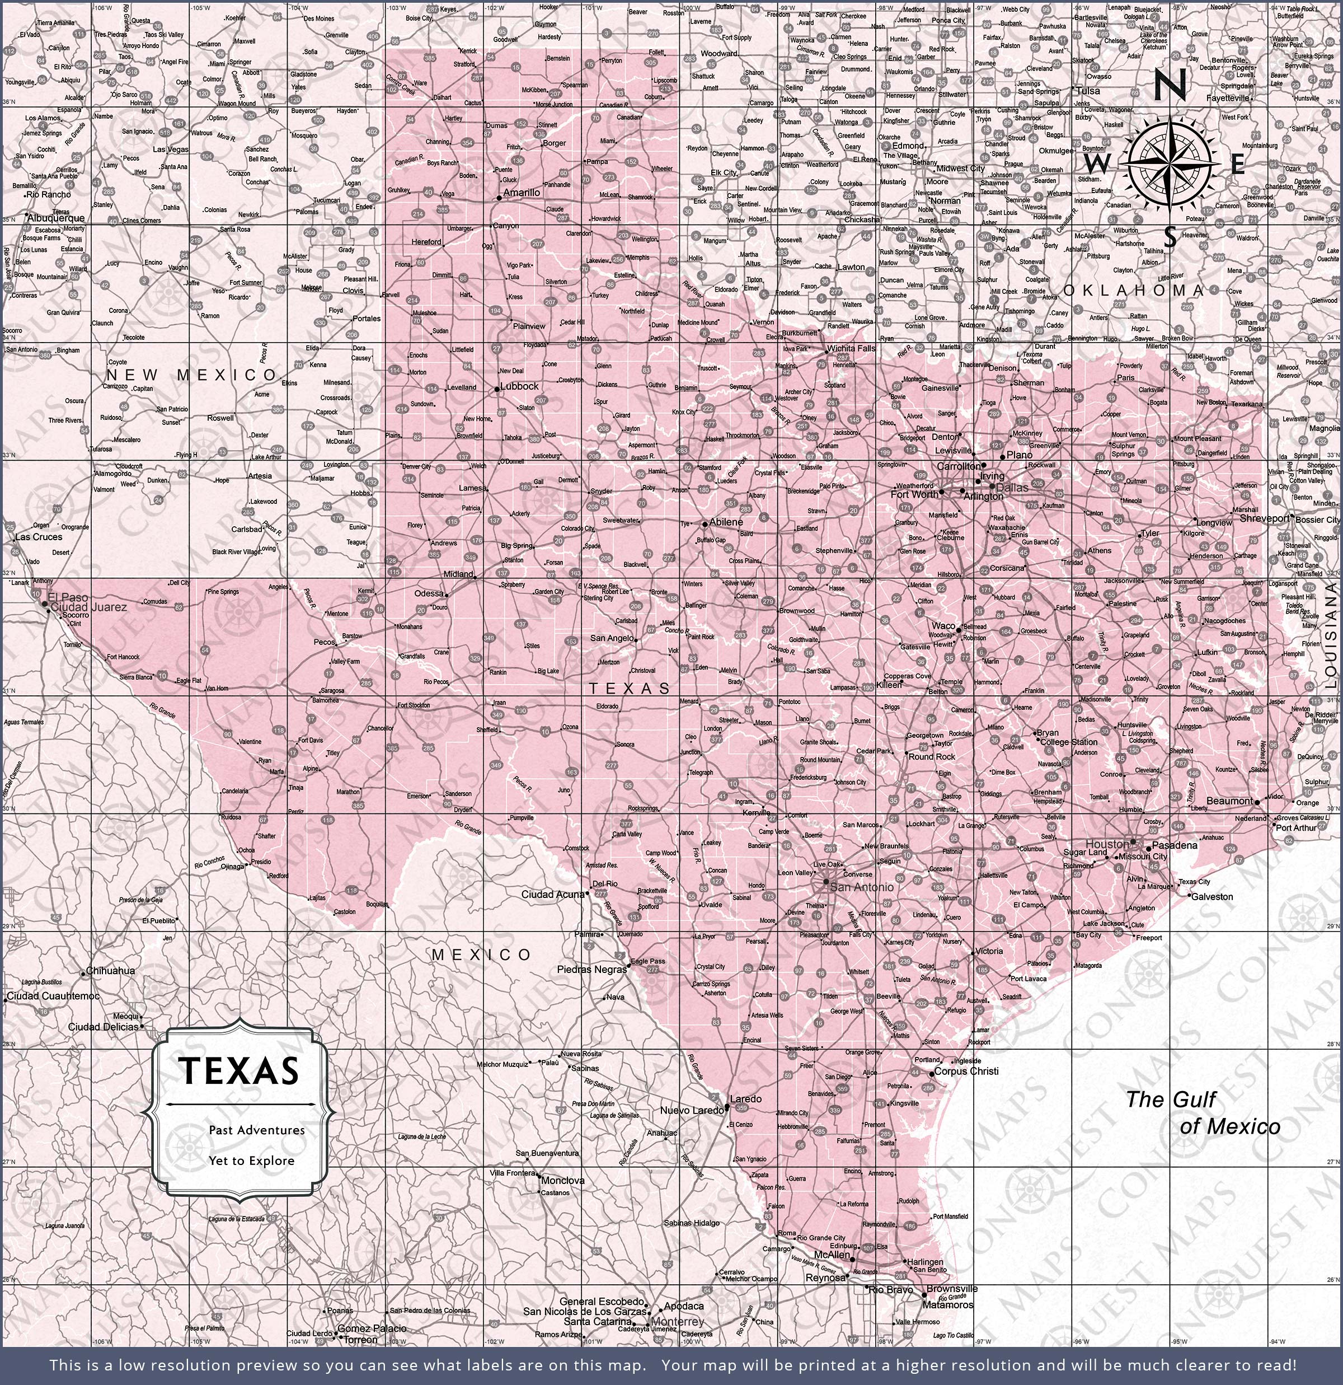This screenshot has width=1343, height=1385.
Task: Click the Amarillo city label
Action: point(522,192)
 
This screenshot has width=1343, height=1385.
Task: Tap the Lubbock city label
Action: point(519,386)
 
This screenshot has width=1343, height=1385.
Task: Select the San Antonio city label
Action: point(861,887)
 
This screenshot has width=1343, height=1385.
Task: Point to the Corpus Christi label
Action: point(966,1071)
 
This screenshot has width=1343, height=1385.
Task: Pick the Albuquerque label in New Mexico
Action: point(56,218)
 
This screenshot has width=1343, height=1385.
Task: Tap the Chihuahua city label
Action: point(110,971)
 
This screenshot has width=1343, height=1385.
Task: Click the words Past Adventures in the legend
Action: point(256,1130)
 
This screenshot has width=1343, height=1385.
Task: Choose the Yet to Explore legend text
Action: point(251,1161)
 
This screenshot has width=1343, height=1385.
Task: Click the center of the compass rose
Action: point(1170,164)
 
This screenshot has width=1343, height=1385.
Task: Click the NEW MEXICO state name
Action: point(191,375)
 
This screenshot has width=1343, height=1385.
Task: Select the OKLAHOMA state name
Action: point(1134,291)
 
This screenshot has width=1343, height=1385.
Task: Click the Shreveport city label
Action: point(1265,518)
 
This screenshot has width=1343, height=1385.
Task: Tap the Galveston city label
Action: point(1211,897)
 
